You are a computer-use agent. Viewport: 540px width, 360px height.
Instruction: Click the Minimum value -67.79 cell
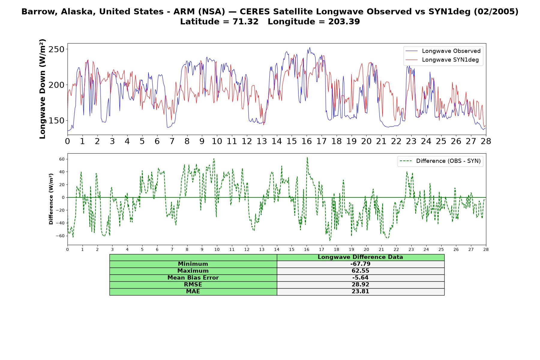(x=360, y=264)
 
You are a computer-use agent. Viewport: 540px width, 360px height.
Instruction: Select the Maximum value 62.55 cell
(x=360, y=271)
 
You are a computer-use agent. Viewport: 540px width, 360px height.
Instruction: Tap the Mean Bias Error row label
(x=193, y=278)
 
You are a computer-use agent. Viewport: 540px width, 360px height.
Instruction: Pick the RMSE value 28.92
(x=360, y=285)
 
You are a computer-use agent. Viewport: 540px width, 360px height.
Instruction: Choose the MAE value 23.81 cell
(x=360, y=292)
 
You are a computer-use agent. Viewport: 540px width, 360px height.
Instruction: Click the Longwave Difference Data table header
(x=360, y=257)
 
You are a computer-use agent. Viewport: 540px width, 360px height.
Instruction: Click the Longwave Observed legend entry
(x=443, y=51)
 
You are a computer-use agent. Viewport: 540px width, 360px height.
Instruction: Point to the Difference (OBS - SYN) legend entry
(x=440, y=161)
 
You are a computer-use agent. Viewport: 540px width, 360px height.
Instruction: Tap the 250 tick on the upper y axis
(x=56, y=49)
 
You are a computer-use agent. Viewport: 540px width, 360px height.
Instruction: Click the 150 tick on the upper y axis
(x=56, y=121)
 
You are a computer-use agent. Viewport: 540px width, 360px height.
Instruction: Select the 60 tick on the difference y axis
(x=62, y=159)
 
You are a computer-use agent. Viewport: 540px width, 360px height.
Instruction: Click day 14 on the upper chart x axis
(x=277, y=141)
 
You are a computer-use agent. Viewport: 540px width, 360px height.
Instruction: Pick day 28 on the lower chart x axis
(x=486, y=249)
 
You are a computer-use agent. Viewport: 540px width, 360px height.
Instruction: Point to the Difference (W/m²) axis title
(x=51, y=199)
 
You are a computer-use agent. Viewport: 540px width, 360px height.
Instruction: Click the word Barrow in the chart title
(x=35, y=12)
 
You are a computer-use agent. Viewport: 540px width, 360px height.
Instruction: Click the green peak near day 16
(x=307, y=157)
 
